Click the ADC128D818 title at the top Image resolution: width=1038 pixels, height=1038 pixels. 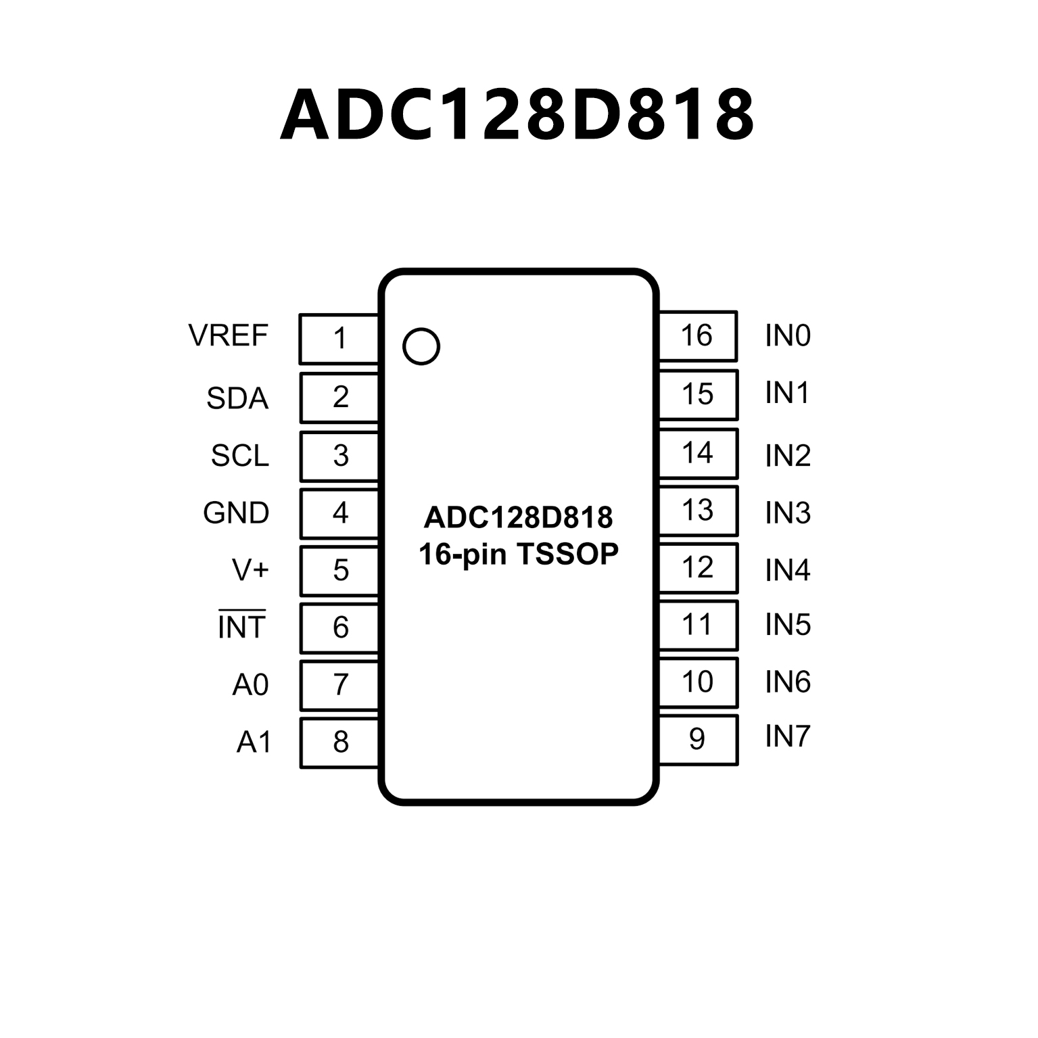[x=517, y=115]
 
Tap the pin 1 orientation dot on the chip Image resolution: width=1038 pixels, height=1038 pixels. [x=421, y=346]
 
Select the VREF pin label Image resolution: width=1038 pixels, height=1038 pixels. [x=229, y=336]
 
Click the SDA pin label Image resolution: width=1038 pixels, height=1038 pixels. [x=237, y=398]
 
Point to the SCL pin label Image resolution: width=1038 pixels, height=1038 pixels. [x=240, y=456]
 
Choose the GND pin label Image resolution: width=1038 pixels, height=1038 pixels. [x=236, y=513]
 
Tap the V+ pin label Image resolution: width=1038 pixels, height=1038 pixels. [x=250, y=570]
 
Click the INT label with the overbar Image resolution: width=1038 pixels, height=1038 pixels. [x=241, y=627]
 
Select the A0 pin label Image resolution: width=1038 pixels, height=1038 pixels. [x=250, y=685]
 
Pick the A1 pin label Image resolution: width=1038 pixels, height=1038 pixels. [x=254, y=742]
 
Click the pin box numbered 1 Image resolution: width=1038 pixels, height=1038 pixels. [x=339, y=338]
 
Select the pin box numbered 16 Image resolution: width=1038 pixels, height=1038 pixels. [x=697, y=336]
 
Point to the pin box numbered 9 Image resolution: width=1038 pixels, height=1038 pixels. [x=697, y=739]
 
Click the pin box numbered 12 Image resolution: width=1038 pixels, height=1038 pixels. [x=697, y=568]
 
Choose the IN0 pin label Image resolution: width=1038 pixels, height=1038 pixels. [x=788, y=336]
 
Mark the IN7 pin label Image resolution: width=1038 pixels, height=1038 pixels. [x=788, y=736]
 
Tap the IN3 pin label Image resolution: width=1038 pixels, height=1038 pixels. [x=788, y=513]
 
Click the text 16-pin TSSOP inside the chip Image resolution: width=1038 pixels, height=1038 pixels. [x=519, y=555]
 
